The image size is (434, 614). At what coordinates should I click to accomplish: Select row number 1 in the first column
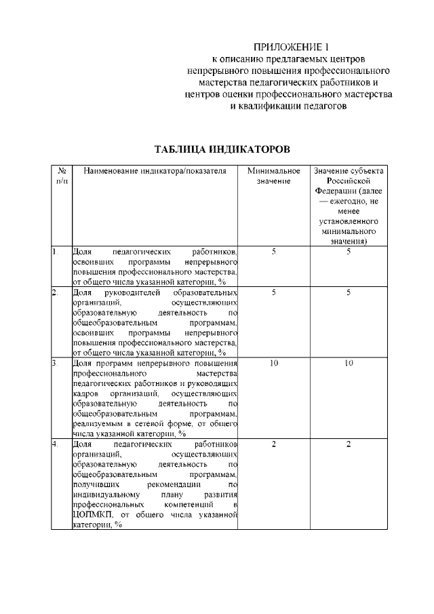(55, 252)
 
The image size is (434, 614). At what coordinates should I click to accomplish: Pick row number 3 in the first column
(55, 363)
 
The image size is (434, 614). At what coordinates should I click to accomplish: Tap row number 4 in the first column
(55, 443)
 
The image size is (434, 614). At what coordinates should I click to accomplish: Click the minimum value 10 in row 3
(273, 363)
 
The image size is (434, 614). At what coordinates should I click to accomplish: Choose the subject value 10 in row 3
(349, 363)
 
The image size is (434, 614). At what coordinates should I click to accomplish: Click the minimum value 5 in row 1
(273, 252)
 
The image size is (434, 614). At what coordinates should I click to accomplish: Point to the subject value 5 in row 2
(349, 292)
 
